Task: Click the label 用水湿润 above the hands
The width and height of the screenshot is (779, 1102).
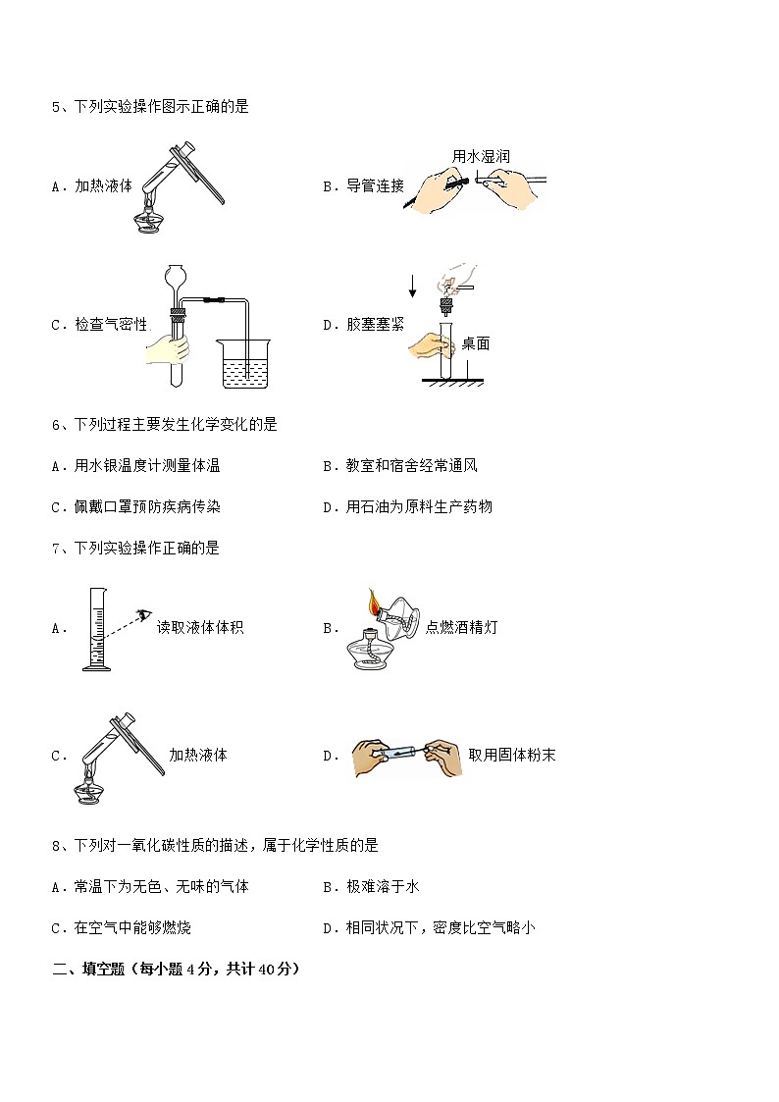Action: pyautogui.click(x=481, y=156)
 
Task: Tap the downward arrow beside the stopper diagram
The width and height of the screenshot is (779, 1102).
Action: pyautogui.click(x=413, y=285)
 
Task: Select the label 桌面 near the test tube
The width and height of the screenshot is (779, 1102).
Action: pyautogui.click(x=476, y=343)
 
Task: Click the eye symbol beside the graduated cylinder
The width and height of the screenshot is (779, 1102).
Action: pyautogui.click(x=144, y=615)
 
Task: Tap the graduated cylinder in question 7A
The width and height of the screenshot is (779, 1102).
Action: pyautogui.click(x=96, y=629)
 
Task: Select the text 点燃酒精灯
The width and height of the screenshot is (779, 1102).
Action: pyautogui.click(x=461, y=627)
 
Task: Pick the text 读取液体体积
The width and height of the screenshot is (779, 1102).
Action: pyautogui.click(x=200, y=627)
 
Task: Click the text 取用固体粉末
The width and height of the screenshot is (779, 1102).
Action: pyautogui.click(x=512, y=755)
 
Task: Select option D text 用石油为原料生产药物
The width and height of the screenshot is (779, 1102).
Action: pyautogui.click(x=419, y=506)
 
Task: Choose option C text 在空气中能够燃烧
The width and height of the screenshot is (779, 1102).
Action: pyautogui.click(x=132, y=927)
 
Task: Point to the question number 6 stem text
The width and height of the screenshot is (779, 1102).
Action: pyautogui.click(x=165, y=425)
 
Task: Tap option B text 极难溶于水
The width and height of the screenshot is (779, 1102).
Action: pyautogui.click(x=383, y=887)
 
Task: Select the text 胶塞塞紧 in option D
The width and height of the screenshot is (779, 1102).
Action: pyautogui.click(x=375, y=324)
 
